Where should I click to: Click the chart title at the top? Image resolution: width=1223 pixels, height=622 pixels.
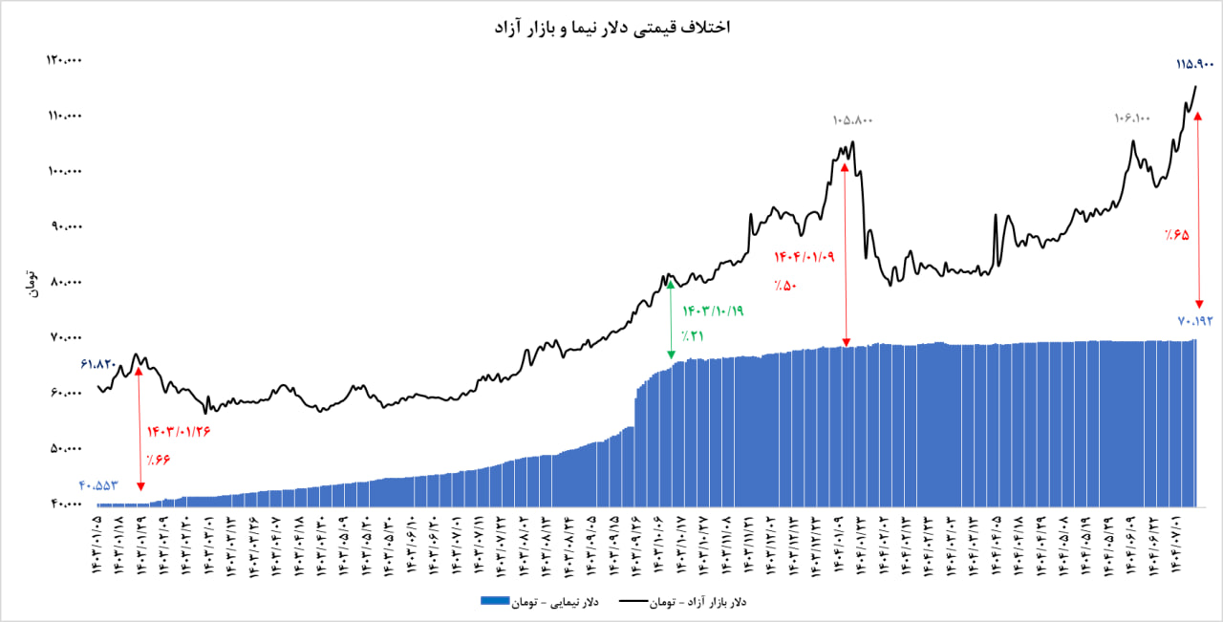[x=611, y=27]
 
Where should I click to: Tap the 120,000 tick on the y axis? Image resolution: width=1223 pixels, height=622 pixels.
[x=65, y=61]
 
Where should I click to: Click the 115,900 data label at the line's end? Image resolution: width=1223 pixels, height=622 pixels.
[x=1194, y=65]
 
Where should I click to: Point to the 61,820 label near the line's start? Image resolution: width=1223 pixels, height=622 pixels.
[x=98, y=364]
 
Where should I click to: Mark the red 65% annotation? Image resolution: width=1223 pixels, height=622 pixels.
[x=1176, y=234]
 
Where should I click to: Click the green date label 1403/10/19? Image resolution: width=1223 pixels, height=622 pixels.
[x=713, y=311]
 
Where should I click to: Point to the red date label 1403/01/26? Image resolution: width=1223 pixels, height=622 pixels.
[x=179, y=431]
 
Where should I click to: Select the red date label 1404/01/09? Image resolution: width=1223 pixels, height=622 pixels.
[x=805, y=257]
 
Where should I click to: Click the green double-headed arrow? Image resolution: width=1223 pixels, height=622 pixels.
[x=671, y=318]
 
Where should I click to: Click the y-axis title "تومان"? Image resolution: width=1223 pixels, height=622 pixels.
[x=31, y=284]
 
